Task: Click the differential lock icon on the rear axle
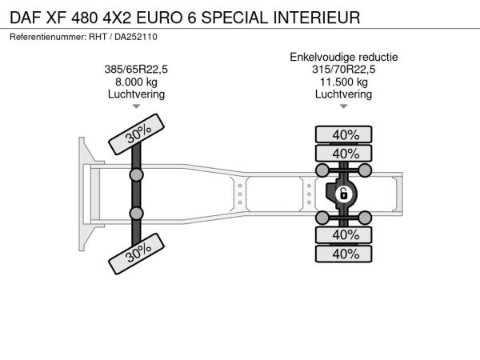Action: click(x=343, y=194)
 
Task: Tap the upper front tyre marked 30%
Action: click(x=137, y=134)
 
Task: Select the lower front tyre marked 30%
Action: click(x=137, y=254)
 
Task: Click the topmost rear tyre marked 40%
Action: click(x=344, y=134)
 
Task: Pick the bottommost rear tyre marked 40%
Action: click(x=344, y=254)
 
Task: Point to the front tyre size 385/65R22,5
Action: click(x=136, y=70)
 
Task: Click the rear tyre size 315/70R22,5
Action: click(x=343, y=70)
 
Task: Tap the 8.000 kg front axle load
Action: click(x=136, y=82)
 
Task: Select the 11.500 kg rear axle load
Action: click(x=344, y=82)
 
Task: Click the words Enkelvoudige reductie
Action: click(x=344, y=57)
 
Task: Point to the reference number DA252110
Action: click(x=136, y=37)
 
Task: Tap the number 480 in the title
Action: click(x=85, y=18)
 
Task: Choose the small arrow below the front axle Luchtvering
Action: click(x=136, y=106)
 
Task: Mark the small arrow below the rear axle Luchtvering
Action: click(x=344, y=106)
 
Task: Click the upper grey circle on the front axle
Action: click(x=136, y=175)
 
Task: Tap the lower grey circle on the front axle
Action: click(x=136, y=214)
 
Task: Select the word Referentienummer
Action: click(x=48, y=37)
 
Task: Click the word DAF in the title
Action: click(x=26, y=18)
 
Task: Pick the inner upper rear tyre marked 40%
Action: click(x=344, y=153)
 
